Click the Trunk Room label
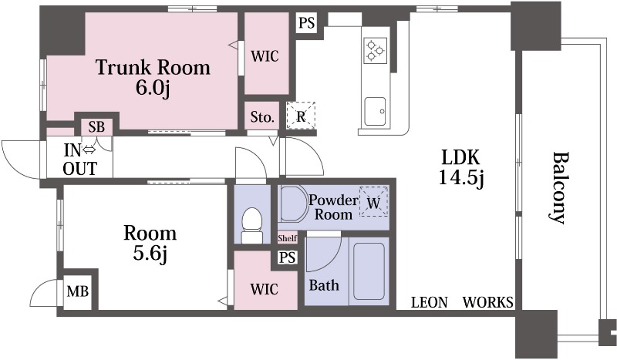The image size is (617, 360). [153, 78]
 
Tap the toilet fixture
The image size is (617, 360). [251, 226]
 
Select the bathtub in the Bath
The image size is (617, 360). [369, 271]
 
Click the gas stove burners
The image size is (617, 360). [375, 50]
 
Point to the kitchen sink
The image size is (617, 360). [375, 112]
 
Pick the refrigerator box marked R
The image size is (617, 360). [301, 116]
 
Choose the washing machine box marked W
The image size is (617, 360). [374, 202]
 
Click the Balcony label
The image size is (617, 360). [558, 187]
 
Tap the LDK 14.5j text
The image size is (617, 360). [460, 168]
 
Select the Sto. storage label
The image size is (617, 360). [262, 117]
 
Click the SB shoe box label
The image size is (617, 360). [96, 127]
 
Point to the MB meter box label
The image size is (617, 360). [78, 291]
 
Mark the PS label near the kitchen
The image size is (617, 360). [306, 23]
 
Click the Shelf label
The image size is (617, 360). [287, 238]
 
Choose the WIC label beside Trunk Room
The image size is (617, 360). [265, 56]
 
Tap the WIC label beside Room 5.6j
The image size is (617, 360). [265, 289]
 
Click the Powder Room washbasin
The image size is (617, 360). [293, 204]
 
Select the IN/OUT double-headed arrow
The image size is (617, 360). [89, 150]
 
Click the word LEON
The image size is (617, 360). [430, 302]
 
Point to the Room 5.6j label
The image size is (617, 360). [150, 244]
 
